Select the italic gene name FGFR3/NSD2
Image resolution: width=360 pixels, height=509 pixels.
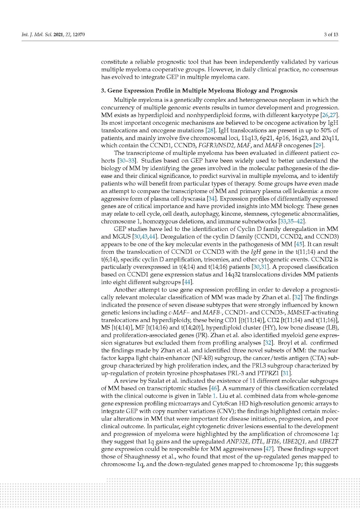click(x=216, y=146)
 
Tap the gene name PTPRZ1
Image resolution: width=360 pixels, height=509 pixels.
click(x=269, y=373)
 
